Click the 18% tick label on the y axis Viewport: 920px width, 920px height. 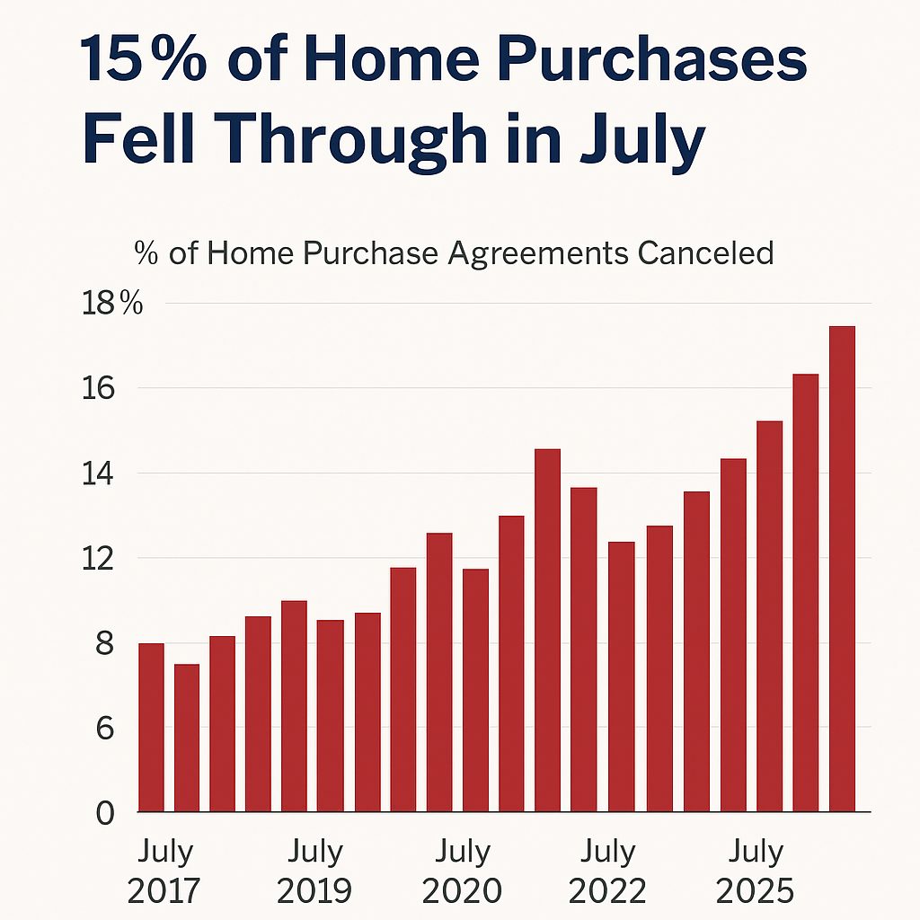tap(112, 304)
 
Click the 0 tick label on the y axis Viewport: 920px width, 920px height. tap(105, 813)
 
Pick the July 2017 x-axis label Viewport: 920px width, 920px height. tap(164, 871)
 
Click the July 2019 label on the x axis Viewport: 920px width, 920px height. tap(314, 871)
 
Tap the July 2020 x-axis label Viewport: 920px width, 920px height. tap(462, 871)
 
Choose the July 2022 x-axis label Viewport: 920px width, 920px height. tap(606, 871)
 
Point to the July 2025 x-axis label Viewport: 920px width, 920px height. tap(755, 871)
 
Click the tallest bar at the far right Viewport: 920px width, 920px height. tap(842, 570)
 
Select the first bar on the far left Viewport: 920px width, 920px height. tap(151, 728)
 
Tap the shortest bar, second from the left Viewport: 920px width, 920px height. tap(187, 739)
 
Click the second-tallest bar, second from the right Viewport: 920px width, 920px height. tap(806, 593)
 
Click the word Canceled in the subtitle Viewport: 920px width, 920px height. tap(705, 253)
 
